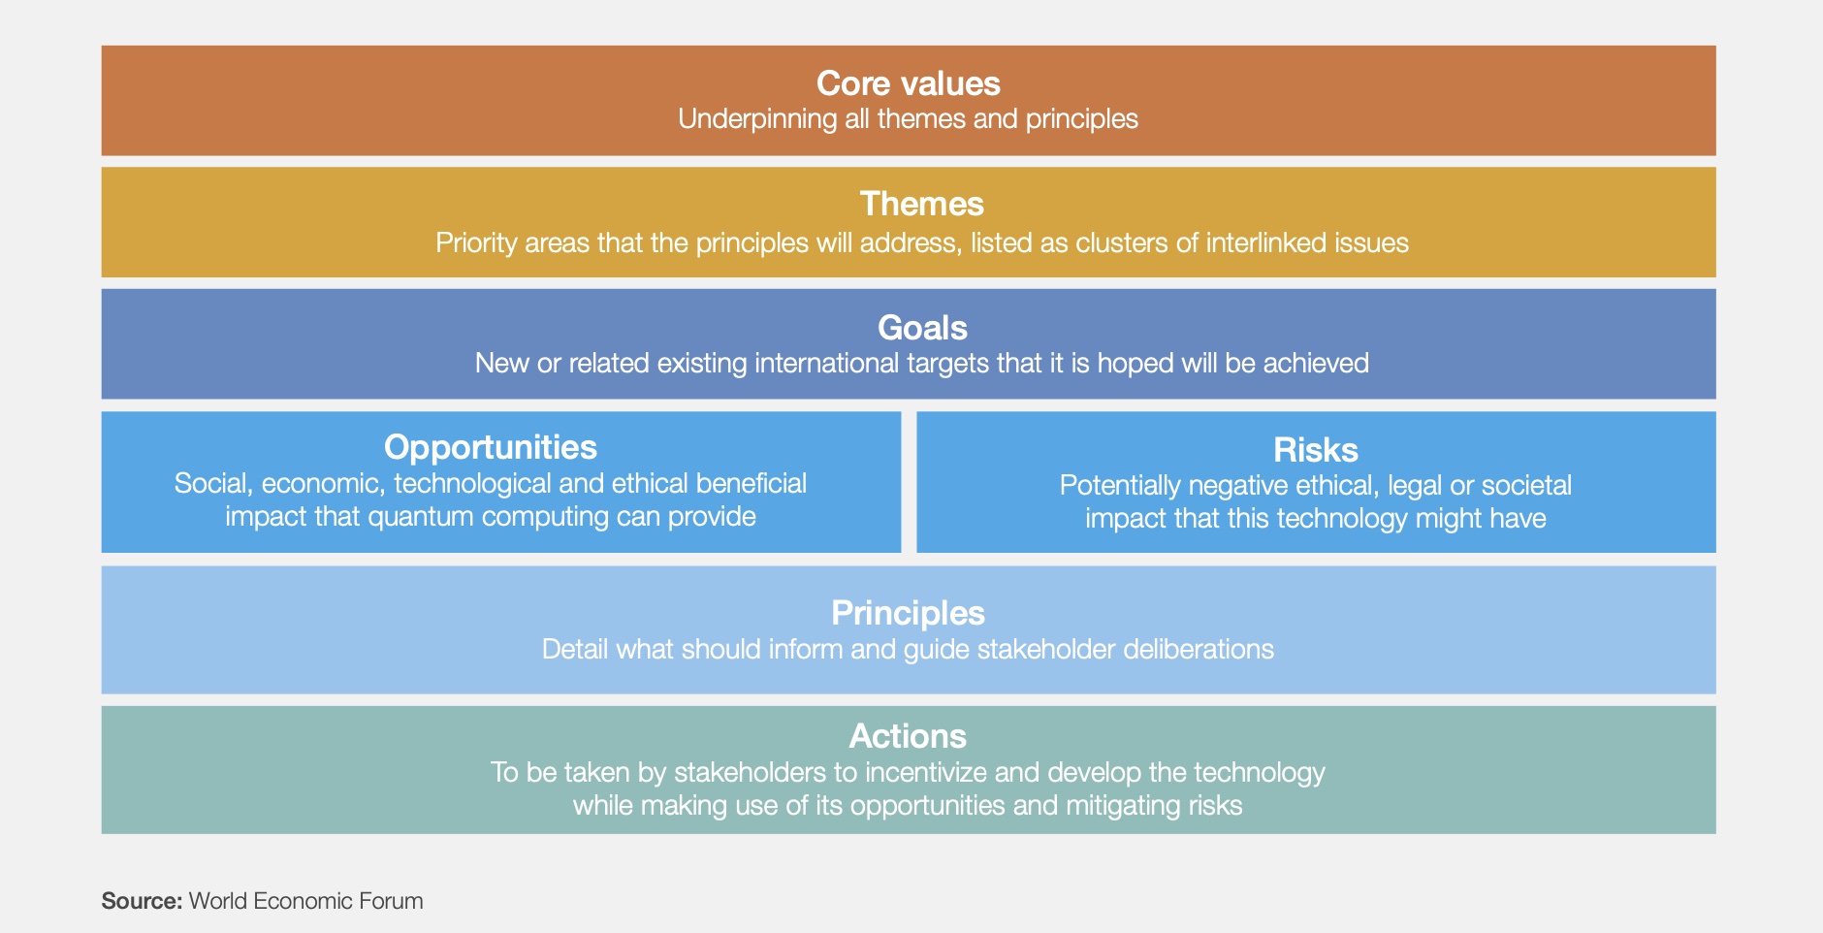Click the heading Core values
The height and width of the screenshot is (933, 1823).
tap(908, 83)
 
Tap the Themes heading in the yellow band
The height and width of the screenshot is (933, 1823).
tap(921, 204)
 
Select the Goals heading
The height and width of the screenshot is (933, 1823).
tap(922, 328)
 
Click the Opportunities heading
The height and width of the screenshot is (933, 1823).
tap(491, 447)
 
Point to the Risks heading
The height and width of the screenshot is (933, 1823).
tap(1316, 450)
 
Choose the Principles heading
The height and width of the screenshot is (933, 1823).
tap(908, 613)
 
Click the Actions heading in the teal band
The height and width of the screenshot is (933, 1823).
tap(908, 736)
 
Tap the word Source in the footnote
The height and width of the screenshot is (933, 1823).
tap(140, 901)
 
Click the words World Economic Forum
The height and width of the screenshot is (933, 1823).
tap(305, 901)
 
